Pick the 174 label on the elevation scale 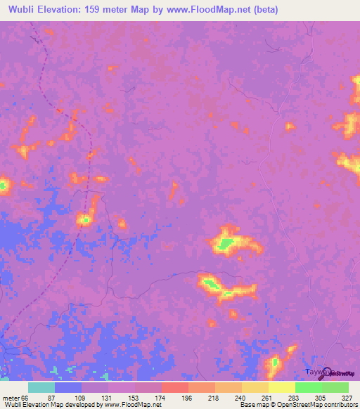click(x=161, y=397)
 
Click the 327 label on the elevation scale click(x=345, y=397)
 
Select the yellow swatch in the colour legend click(x=281, y=387)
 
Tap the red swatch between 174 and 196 click(x=174, y=387)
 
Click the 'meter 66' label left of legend click(x=13, y=397)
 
